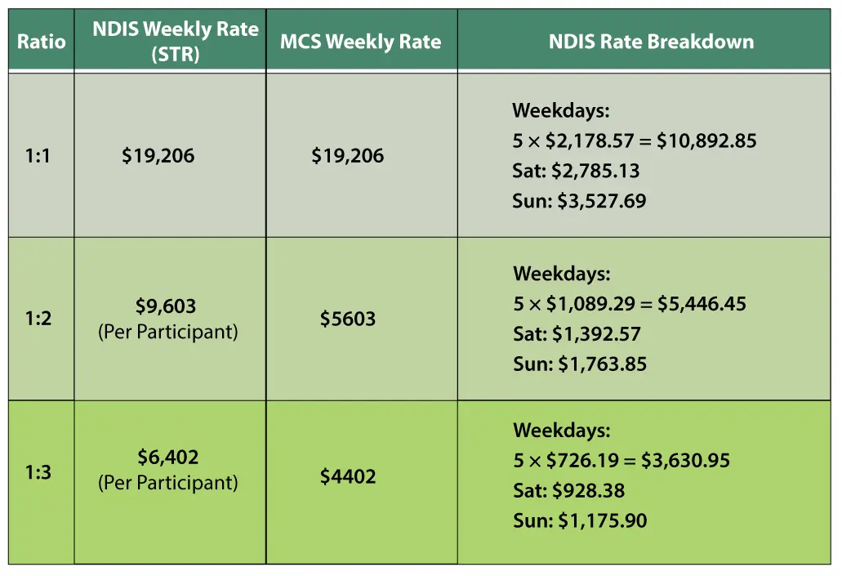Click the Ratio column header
coord(41,41)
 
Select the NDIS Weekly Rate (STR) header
coord(175,41)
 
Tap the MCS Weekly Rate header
coord(360,42)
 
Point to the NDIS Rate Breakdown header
coord(651,42)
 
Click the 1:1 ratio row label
coord(38,155)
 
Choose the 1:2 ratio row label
coord(38,318)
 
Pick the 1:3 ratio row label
coord(38,472)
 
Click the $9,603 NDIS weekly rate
coord(166,306)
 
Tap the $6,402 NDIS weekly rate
coord(168,458)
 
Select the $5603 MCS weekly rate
coord(348,319)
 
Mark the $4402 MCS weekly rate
coord(348,476)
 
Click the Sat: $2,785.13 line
coord(576,172)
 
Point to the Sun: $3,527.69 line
coord(579,201)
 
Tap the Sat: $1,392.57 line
coord(577,334)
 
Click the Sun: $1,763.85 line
coord(580,364)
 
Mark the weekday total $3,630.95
coord(685,461)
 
